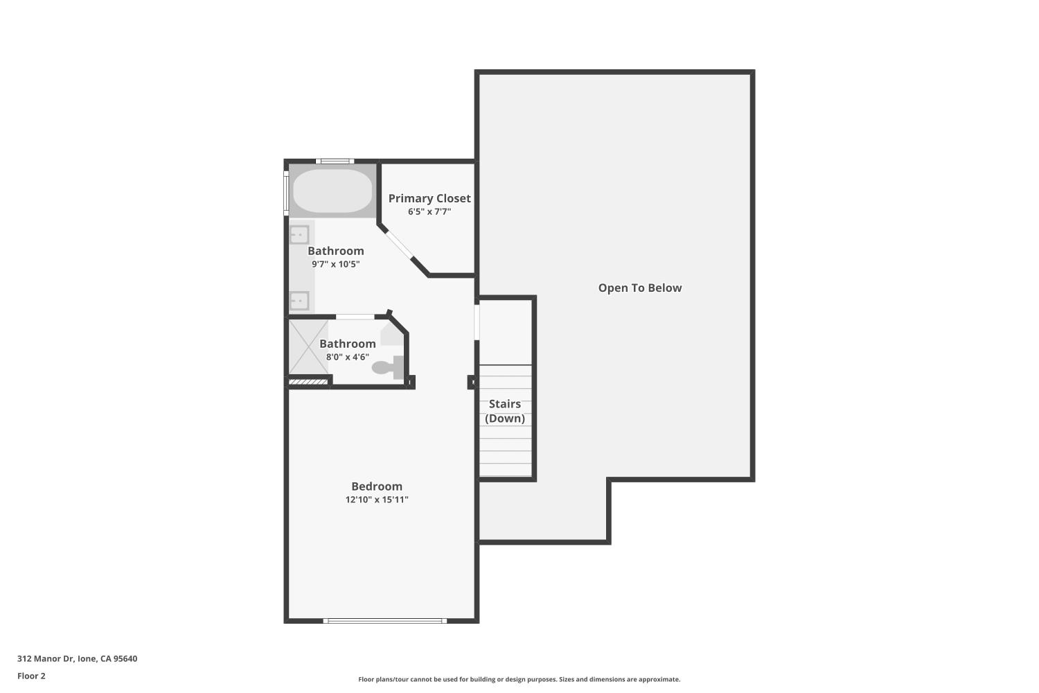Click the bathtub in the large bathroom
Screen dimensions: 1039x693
[332, 191]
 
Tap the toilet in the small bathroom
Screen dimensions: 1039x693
[388, 367]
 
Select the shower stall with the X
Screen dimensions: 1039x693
[308, 346]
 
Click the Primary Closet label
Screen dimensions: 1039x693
[429, 198]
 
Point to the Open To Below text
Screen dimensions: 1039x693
[639, 288]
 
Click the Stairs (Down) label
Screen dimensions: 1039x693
[505, 411]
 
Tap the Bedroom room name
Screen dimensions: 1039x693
[377, 486]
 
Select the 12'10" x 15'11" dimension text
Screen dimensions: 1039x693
[377, 500]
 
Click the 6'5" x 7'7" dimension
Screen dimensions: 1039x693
[429, 211]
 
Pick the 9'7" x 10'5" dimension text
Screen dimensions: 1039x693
[336, 264]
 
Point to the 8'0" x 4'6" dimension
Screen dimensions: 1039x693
[348, 357]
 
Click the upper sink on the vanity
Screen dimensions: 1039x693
[299, 234]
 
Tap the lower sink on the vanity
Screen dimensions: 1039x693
[299, 301]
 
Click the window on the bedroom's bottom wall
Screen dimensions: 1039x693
[385, 621]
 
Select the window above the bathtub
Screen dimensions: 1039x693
[335, 161]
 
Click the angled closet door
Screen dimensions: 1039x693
[399, 244]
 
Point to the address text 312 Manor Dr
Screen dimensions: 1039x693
[45, 658]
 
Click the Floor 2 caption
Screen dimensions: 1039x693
[32, 676]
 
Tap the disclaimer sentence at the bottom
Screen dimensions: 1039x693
[519, 679]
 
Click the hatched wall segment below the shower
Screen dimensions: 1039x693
[308, 382]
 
